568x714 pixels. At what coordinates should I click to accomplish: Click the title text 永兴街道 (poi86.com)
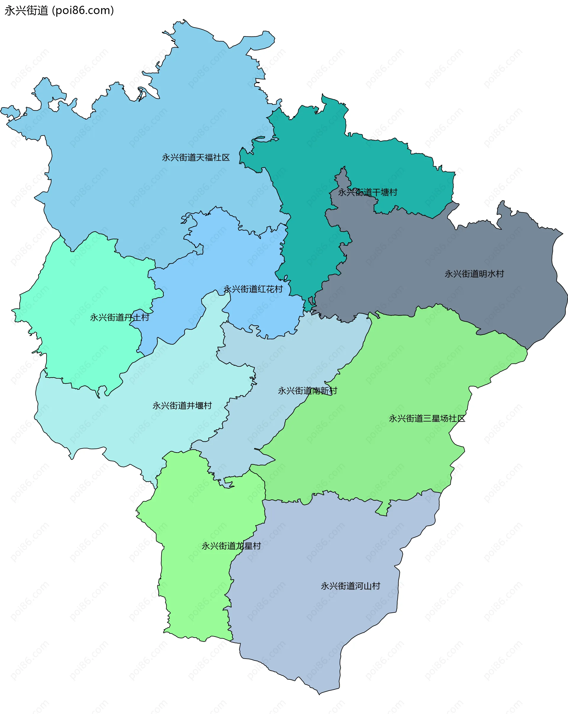[x=59, y=11]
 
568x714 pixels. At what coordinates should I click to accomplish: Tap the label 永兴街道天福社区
[x=196, y=158]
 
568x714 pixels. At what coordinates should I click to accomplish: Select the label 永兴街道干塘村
[x=367, y=192]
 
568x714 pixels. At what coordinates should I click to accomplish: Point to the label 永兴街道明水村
[x=474, y=274]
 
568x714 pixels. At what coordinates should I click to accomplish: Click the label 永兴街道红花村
[x=253, y=289]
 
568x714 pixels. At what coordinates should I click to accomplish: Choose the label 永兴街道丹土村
[x=120, y=318]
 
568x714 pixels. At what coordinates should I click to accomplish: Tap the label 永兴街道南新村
[x=307, y=391]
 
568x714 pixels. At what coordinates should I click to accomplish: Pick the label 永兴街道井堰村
[x=182, y=406]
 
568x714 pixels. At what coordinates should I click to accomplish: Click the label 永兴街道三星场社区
[x=427, y=419]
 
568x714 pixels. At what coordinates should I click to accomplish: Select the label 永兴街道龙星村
[x=231, y=546]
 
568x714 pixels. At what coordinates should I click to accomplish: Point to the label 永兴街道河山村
[x=351, y=586]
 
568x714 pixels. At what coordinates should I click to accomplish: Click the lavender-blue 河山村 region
[x=314, y=629]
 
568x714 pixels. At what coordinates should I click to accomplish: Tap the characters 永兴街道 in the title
[x=27, y=11]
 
